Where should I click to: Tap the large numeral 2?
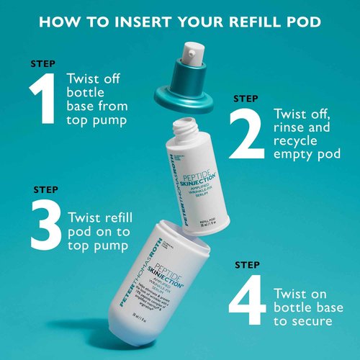pyautogui.click(x=246, y=135)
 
